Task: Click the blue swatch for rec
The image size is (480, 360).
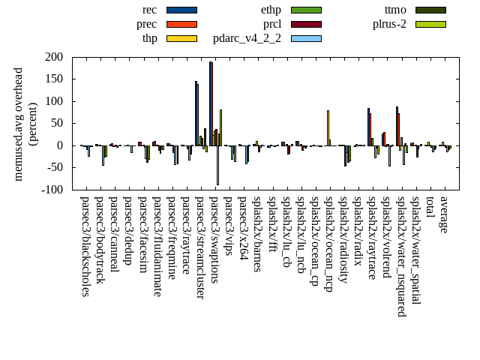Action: click(x=181, y=10)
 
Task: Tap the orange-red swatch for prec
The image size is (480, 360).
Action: click(x=181, y=24)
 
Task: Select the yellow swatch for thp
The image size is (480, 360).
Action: click(x=181, y=38)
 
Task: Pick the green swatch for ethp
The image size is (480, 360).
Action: click(x=305, y=10)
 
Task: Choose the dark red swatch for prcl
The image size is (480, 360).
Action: click(x=305, y=24)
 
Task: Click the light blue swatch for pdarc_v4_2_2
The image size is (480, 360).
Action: click(x=305, y=38)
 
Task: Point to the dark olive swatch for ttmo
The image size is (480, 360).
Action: click(x=430, y=10)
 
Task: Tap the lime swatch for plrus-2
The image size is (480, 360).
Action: click(x=430, y=24)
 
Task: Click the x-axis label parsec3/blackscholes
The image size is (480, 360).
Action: click(x=85, y=247)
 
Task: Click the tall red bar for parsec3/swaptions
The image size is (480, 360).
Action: click(x=211, y=103)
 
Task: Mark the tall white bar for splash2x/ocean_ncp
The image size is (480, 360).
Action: click(x=328, y=127)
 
